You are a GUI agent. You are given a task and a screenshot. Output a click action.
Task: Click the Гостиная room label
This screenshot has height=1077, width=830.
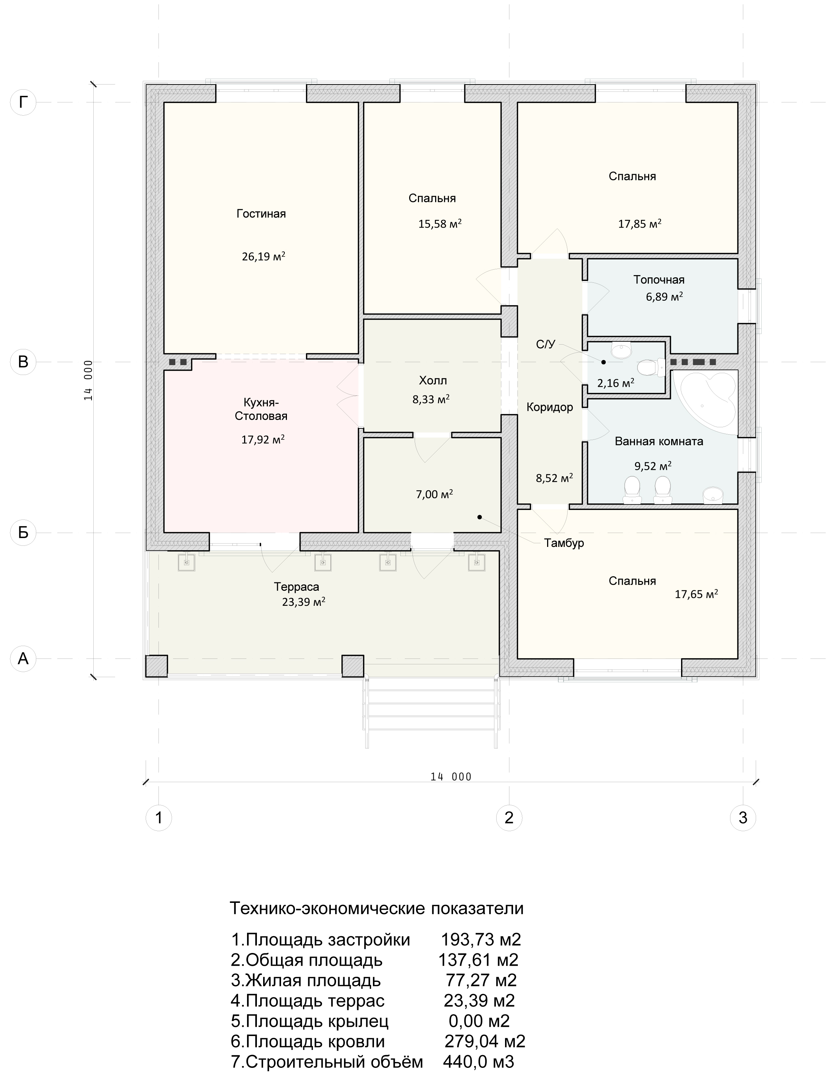click(x=261, y=214)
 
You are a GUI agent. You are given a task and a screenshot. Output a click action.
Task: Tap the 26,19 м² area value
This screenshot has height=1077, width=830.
click(x=263, y=256)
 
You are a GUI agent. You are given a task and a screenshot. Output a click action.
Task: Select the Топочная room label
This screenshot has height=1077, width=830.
click(x=659, y=279)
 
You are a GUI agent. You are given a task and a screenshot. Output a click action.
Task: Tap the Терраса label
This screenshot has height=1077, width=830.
click(x=296, y=587)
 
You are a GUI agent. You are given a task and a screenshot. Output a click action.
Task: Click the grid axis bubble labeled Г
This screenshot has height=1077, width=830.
click(x=23, y=102)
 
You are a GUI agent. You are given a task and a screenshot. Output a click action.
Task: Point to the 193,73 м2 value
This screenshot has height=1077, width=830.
click(x=481, y=939)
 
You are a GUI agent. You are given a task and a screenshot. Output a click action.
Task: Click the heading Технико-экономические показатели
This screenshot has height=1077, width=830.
click(x=377, y=908)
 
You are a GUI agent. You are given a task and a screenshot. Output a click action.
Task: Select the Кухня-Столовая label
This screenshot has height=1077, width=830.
click(x=261, y=409)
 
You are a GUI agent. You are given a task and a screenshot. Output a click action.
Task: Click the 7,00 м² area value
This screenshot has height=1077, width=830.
click(x=434, y=494)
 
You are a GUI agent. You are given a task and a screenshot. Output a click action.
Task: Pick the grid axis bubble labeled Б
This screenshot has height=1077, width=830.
click(x=23, y=533)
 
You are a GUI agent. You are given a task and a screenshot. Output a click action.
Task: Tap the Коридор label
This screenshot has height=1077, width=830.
click(x=550, y=407)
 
